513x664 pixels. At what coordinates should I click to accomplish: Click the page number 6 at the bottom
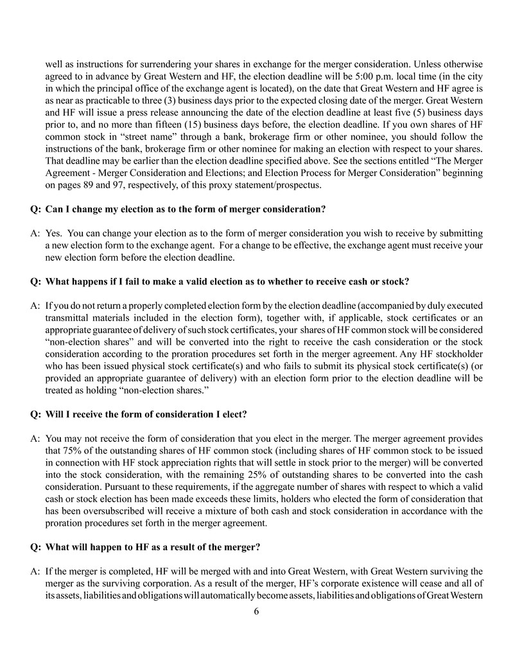256,611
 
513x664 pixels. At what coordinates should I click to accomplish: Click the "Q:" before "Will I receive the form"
36,414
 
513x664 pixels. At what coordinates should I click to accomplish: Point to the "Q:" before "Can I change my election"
36,209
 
